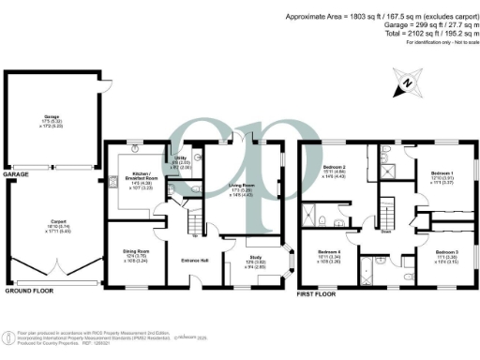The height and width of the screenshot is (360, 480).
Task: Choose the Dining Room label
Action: click(x=125, y=254)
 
